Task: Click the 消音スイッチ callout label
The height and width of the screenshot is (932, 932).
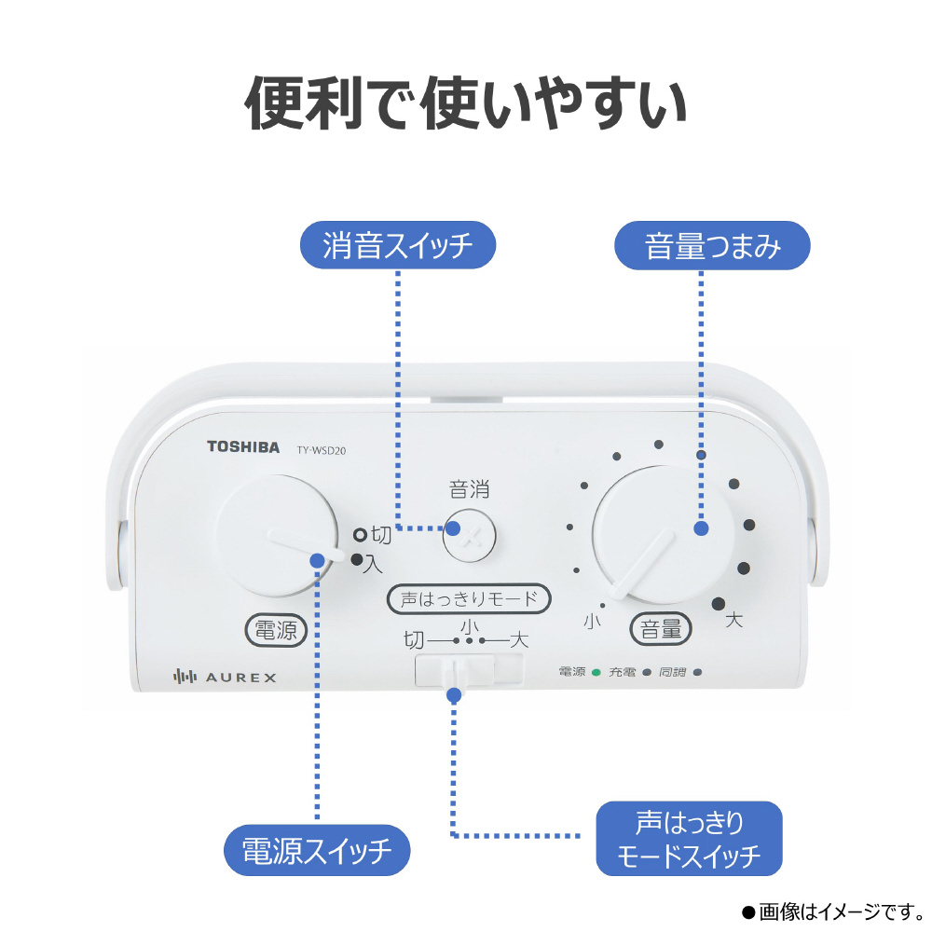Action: (397, 247)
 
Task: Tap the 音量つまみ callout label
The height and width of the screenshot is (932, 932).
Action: (713, 247)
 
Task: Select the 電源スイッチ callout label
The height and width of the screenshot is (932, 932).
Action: (317, 850)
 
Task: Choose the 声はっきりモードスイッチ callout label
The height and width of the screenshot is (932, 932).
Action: (689, 839)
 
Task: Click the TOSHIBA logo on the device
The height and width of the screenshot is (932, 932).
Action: (242, 447)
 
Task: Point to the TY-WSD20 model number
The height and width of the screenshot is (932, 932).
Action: (322, 448)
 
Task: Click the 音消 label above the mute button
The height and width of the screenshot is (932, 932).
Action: (469, 489)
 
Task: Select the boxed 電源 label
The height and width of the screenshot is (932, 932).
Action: (276, 630)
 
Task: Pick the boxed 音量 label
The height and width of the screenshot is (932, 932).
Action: (662, 629)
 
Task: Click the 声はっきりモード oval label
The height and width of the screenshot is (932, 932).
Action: (469, 599)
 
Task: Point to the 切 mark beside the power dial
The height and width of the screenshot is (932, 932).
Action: (382, 535)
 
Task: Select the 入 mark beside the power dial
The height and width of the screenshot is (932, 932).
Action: (374, 562)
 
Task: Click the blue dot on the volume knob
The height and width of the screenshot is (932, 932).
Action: (702, 528)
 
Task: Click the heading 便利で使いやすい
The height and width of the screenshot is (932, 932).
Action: (466, 103)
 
